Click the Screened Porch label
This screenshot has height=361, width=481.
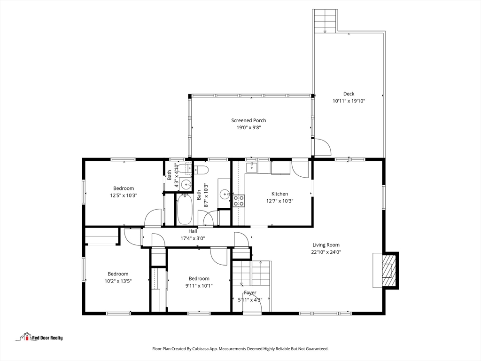point(248,120)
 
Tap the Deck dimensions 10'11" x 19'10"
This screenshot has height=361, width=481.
point(349,101)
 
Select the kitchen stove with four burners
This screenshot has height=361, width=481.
point(239,201)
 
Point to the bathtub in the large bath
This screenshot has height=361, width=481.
point(184,210)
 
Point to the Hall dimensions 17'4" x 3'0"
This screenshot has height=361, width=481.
point(193,238)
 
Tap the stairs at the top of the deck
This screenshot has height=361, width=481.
point(325,21)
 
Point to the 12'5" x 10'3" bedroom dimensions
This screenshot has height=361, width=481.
point(123,195)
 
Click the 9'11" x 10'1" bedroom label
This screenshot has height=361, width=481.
point(199,279)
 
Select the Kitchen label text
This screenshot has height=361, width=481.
point(279,194)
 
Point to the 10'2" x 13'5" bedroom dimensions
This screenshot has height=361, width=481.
point(118,281)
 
